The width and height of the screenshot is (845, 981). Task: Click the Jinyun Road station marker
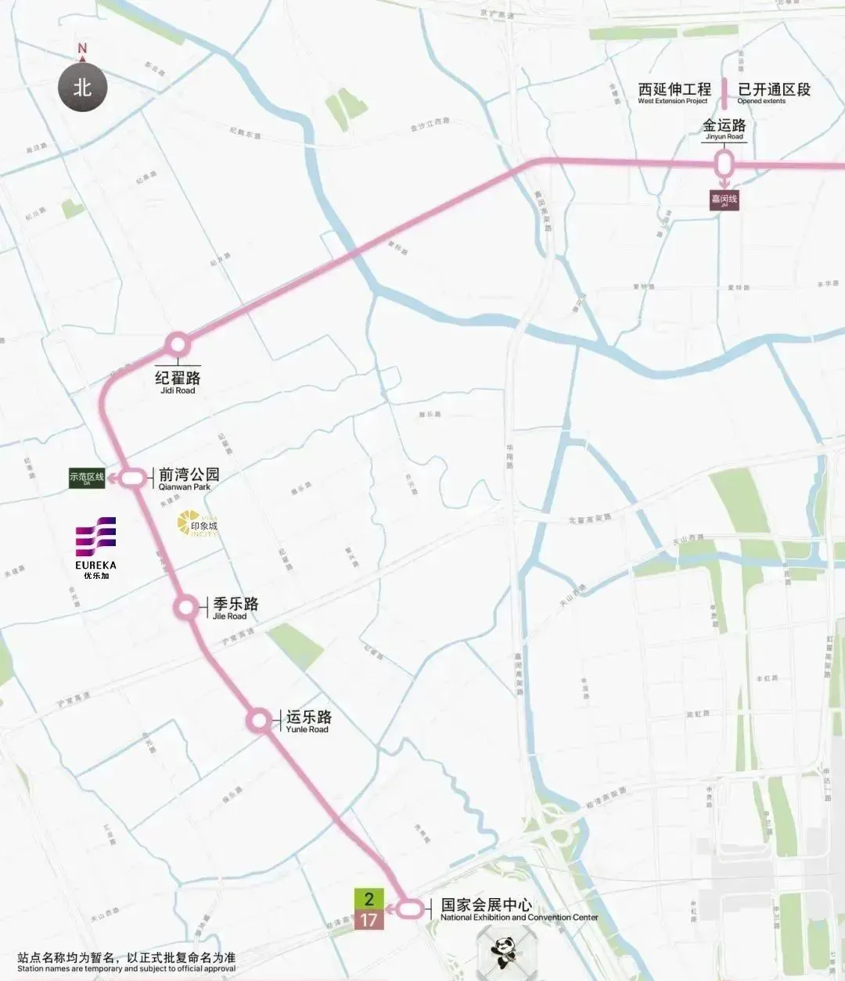(725, 165)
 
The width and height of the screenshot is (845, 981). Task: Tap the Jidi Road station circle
(178, 344)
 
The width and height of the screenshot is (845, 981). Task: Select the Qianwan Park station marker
(134, 476)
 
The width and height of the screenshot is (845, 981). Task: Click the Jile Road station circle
(187, 607)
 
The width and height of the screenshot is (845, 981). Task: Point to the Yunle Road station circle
(259, 720)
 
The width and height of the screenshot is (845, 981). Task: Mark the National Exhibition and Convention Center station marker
(409, 909)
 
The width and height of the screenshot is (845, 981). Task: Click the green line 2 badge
(369, 899)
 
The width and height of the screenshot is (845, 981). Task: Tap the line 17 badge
(369, 920)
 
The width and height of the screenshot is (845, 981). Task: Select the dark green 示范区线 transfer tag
(87, 478)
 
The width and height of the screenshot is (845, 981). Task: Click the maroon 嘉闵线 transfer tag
(724, 200)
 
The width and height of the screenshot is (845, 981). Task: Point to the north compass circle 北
(82, 88)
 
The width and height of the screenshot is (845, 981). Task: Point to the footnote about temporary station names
(126, 962)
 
